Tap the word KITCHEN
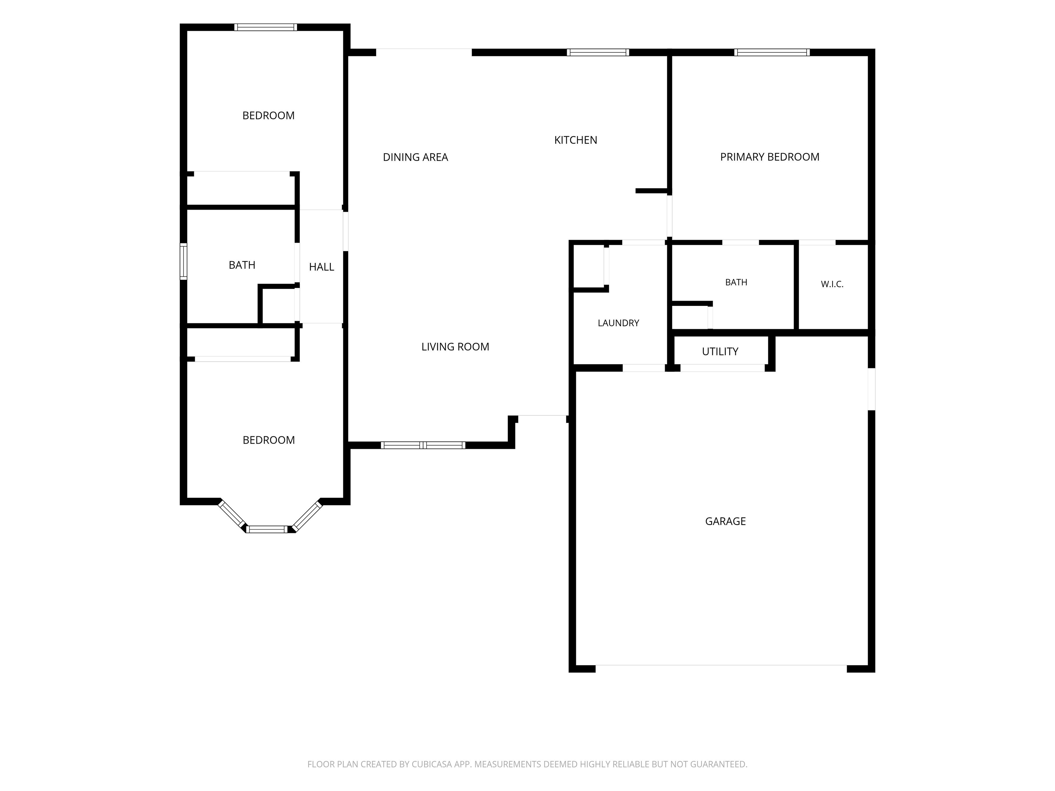tap(576, 140)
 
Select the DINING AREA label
tap(416, 157)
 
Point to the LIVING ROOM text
tap(455, 347)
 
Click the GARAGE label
tap(725, 521)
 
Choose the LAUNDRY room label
tap(618, 323)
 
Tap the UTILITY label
tap(720, 352)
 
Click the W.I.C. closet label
tap(832, 284)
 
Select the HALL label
tap(321, 267)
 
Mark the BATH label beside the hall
tap(242, 265)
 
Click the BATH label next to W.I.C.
tap(736, 282)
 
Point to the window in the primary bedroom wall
tap(772, 53)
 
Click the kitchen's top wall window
tap(598, 53)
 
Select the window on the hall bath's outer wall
tap(183, 261)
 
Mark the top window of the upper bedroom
tap(266, 27)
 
